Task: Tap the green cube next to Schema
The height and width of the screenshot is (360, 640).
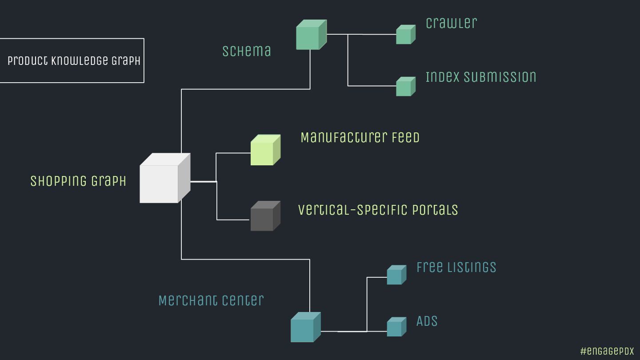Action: pos(310,36)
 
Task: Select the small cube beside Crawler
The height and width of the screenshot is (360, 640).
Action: pos(405,35)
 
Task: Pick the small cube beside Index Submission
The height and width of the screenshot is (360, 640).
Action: pos(405,87)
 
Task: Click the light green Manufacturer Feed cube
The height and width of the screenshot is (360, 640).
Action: pos(264,151)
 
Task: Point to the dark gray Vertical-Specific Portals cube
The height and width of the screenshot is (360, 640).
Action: pos(264,217)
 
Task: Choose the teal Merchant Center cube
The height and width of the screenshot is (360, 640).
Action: pos(304,328)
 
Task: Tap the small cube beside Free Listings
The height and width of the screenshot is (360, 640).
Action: pos(396,276)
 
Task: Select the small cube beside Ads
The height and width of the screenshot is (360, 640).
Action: pos(396,328)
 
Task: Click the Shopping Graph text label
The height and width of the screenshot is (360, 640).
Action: pos(78,181)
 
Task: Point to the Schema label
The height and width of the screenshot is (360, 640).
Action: pos(247,51)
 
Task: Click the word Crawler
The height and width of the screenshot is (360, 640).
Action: pos(451,23)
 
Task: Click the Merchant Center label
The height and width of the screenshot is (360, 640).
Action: pos(211,300)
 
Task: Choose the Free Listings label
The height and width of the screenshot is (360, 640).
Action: pos(456,267)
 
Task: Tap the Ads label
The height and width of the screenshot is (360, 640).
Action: pos(427,321)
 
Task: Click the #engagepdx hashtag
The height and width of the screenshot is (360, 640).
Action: pos(607,351)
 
